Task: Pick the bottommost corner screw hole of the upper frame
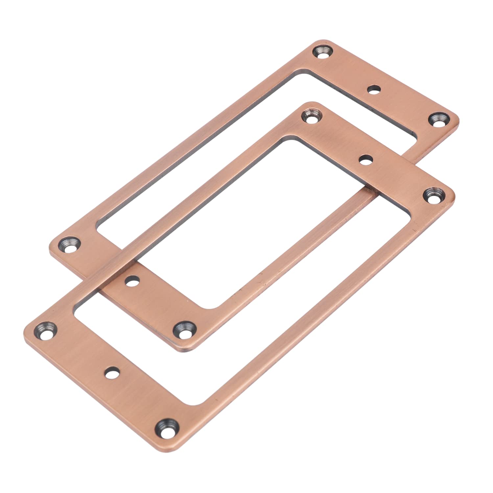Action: (x=185, y=330)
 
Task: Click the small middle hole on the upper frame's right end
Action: (x=374, y=89)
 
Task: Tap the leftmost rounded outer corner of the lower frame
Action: (x=27, y=329)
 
